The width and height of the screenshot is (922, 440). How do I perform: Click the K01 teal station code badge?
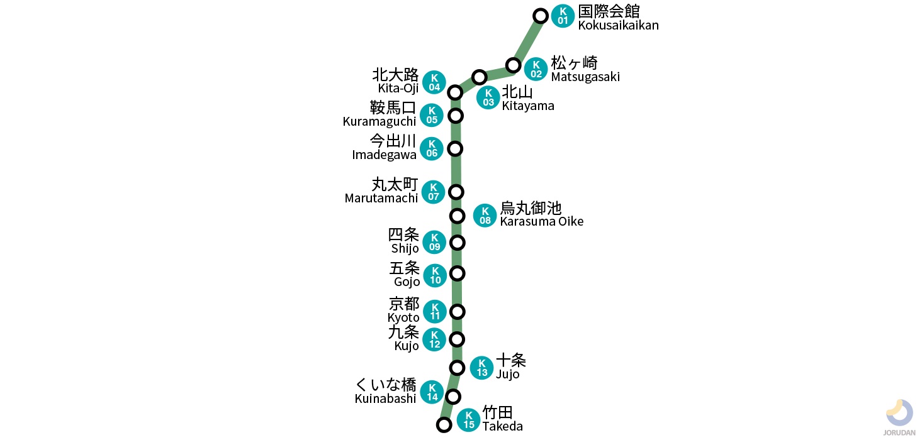tap(563, 16)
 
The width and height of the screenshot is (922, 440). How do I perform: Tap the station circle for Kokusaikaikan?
tap(540, 16)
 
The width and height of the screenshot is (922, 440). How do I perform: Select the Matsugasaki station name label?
tap(585, 69)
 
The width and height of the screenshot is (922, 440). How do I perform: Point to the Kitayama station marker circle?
tap(480, 77)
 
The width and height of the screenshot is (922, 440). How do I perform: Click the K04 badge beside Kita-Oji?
tap(434, 82)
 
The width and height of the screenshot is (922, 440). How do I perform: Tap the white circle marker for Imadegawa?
tap(455, 149)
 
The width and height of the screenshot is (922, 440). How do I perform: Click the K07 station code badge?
tap(434, 192)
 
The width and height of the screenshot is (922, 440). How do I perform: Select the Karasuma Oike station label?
tap(541, 214)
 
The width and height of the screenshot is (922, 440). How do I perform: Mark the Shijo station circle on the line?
tap(458, 243)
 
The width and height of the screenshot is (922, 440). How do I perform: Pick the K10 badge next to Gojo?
tap(435, 275)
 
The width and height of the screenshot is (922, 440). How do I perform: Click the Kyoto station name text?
tap(403, 311)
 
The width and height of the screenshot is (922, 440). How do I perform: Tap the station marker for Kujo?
tap(458, 339)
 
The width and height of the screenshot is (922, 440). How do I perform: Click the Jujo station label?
tap(510, 366)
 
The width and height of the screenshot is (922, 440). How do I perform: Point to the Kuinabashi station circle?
tap(453, 396)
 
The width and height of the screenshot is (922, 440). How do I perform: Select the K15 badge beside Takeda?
tap(468, 420)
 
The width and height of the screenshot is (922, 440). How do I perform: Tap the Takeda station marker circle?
tap(444, 425)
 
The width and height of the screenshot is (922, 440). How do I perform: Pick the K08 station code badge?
tap(485, 216)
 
